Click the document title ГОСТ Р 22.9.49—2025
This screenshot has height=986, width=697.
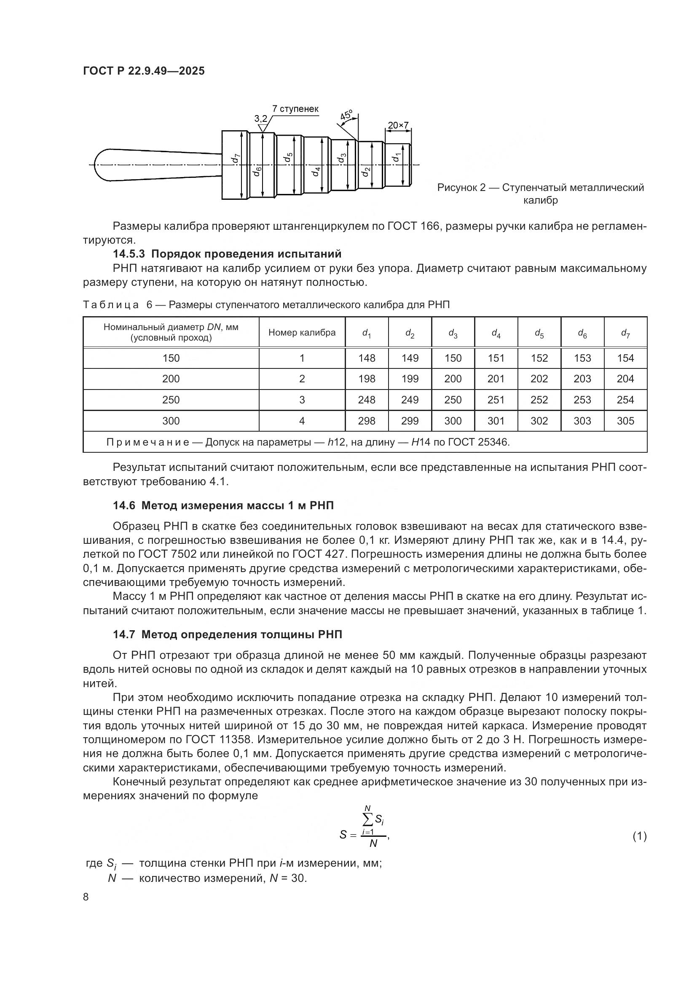(144, 71)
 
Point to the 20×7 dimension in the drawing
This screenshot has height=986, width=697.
(398, 125)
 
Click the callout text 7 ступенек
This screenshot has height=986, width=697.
(295, 109)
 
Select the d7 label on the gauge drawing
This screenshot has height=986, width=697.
(235, 159)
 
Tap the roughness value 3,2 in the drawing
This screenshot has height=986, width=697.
(260, 118)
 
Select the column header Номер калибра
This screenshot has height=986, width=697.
(302, 332)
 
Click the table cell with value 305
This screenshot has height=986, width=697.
(625, 421)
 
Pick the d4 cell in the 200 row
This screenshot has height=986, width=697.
(496, 379)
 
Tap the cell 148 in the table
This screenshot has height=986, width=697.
(367, 358)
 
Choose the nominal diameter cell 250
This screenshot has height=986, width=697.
(171, 400)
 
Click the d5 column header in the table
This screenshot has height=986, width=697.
(539, 333)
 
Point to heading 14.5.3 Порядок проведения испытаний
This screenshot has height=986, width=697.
(227, 254)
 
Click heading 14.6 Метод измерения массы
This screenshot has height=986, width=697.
(223, 505)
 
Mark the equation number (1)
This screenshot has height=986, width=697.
(640, 836)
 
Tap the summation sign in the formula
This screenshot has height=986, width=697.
(367, 819)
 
